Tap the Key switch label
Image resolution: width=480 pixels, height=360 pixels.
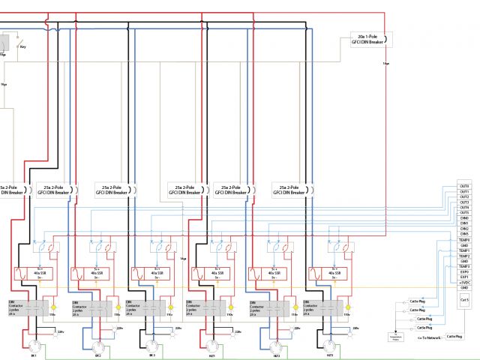pos(22,46)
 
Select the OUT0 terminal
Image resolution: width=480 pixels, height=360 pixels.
pos(464,186)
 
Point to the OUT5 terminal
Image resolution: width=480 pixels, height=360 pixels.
pos(464,212)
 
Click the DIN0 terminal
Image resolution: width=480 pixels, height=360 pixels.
pos(464,218)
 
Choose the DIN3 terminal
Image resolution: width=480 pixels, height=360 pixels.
pos(464,234)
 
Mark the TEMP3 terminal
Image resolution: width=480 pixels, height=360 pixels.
pos(464,266)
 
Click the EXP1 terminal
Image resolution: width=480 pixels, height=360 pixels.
pos(464,277)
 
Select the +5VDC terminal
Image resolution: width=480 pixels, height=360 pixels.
pos(464,282)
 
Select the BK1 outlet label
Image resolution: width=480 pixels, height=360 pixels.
pos(33,345)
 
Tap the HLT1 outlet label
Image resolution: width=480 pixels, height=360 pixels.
pos(212,345)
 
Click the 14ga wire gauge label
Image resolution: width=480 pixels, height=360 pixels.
pos(183,259)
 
